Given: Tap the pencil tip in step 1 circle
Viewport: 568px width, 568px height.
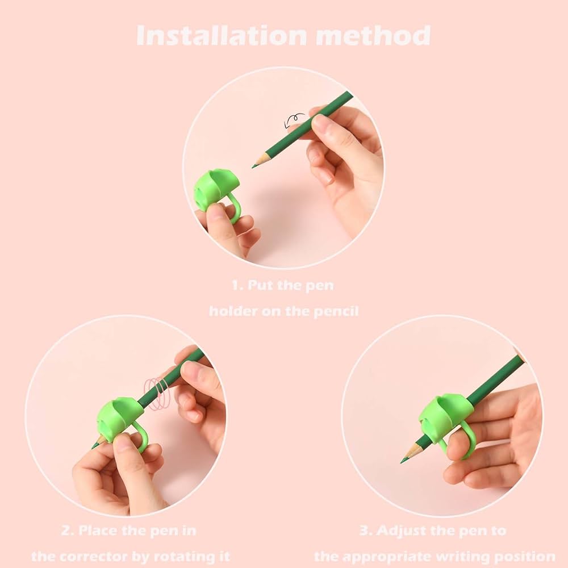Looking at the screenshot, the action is (x=253, y=166).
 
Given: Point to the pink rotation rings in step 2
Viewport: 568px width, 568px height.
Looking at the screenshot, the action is (x=157, y=394).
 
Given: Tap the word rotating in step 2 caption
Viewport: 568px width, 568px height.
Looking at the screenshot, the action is (x=182, y=557).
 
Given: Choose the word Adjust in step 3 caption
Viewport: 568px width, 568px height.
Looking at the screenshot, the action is (x=398, y=531).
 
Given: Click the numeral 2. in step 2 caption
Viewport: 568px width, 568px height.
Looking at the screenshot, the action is (x=68, y=531).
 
